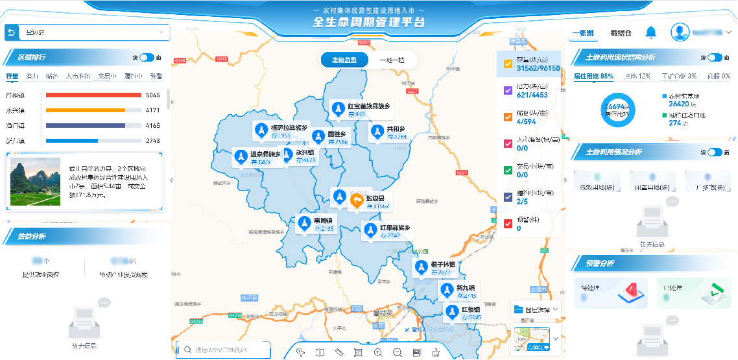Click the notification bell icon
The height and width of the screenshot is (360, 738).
tap(651, 32)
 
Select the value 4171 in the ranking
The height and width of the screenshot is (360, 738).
tap(152, 110)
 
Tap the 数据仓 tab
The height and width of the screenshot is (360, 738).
tap(621, 32)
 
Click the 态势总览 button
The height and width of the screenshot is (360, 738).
tap(344, 60)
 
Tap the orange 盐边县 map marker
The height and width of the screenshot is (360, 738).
tap(357, 201)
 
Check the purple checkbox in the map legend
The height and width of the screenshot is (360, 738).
tap(508, 91)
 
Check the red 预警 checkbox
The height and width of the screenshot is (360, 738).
tap(508, 223)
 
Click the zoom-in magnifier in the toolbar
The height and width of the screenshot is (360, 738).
tap(378, 352)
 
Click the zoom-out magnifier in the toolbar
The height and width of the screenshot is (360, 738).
tap(398, 352)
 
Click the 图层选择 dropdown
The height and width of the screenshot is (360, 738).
tap(536, 309)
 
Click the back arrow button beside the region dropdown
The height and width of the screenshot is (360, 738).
tap(12, 32)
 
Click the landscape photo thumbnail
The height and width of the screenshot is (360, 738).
tap(35, 183)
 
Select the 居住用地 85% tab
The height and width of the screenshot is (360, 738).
tap(593, 76)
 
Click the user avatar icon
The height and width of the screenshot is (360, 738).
tap(680, 32)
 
